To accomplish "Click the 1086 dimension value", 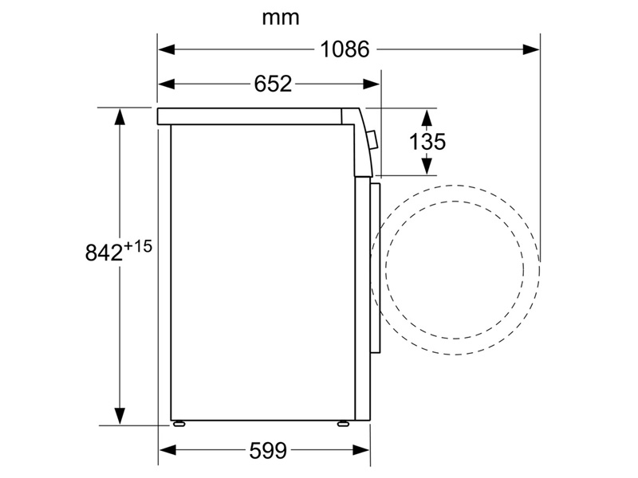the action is (x=345, y=49).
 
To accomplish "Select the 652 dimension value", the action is (x=273, y=84).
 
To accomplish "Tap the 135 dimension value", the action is (x=427, y=142).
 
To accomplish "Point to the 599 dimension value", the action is (x=268, y=450).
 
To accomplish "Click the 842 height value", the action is (x=104, y=253).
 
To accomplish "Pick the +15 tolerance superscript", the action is (x=138, y=246).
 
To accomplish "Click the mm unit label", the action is (x=281, y=18).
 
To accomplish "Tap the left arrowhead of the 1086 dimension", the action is (x=167, y=49).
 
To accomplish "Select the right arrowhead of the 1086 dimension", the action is (x=531, y=49).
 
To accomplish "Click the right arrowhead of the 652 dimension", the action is (x=371, y=84).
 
